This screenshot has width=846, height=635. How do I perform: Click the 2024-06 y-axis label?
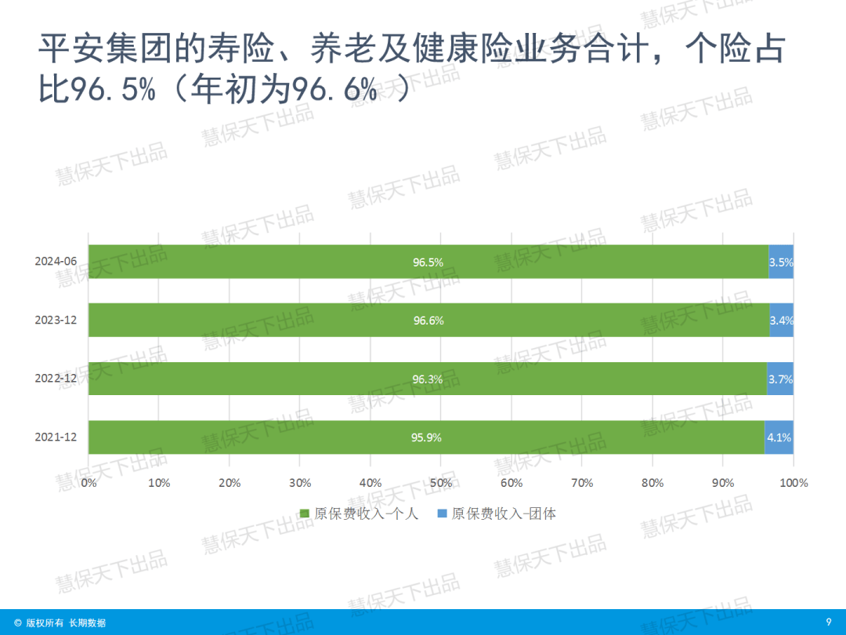[56, 262]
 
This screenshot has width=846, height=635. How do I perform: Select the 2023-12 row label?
[56, 320]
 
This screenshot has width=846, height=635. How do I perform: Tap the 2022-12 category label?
[56, 379]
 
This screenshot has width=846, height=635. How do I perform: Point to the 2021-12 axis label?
[56, 437]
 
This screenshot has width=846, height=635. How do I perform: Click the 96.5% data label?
[428, 263]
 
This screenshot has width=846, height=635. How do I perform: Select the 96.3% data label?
[428, 379]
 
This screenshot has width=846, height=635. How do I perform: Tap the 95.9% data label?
[426, 437]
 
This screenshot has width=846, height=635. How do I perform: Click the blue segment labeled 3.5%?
[781, 263]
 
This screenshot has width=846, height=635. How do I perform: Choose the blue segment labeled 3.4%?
[781, 321]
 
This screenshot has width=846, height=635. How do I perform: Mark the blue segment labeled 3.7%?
[780, 379]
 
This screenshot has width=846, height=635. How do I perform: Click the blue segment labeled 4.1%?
[779, 437]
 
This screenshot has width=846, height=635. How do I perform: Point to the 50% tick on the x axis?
[441, 483]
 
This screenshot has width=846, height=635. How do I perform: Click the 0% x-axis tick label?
[89, 483]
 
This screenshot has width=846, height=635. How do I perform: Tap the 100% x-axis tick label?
[794, 483]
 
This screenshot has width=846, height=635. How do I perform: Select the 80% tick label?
[653, 483]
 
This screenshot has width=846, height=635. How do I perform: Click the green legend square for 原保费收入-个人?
[305, 514]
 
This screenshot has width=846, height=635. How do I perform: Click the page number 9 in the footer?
[828, 622]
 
